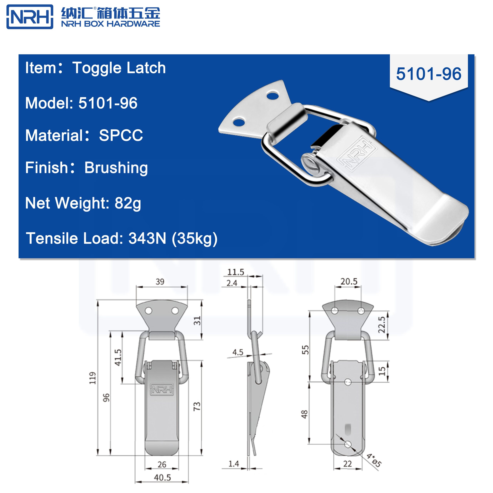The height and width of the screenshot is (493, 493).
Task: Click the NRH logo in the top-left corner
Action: [x=30, y=17]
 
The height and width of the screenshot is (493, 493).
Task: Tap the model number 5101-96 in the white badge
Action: [x=428, y=74]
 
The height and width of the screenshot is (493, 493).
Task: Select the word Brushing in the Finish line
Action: [x=116, y=168]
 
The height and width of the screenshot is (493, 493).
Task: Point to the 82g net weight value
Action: [x=128, y=203]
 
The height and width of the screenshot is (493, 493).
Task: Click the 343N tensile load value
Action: [x=147, y=238]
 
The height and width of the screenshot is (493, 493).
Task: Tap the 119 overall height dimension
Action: [x=93, y=378]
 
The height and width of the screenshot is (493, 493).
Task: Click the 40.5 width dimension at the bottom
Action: [x=162, y=477]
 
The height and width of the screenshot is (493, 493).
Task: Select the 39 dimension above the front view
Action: [x=160, y=282]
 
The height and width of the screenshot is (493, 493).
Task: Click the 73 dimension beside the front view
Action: [x=197, y=406]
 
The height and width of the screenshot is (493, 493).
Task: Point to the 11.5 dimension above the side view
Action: [x=236, y=272]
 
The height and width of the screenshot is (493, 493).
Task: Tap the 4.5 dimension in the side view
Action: [x=238, y=352]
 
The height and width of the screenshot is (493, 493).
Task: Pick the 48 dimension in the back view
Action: [x=305, y=414]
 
